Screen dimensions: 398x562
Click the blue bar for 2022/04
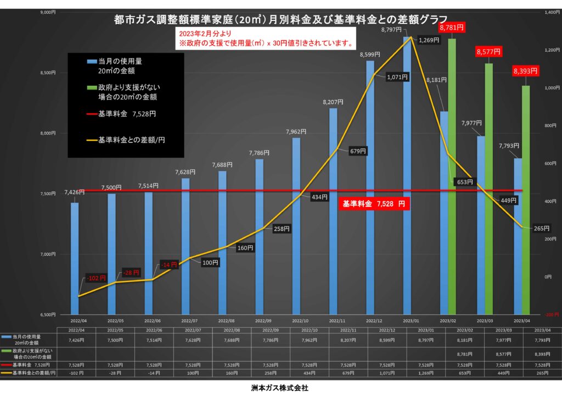coord(75,258)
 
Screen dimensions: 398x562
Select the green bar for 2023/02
coord(452,176)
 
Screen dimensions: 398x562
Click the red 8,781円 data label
coord(452,26)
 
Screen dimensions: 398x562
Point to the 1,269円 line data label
coord(428,40)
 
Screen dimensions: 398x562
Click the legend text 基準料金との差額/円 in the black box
coord(132,140)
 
